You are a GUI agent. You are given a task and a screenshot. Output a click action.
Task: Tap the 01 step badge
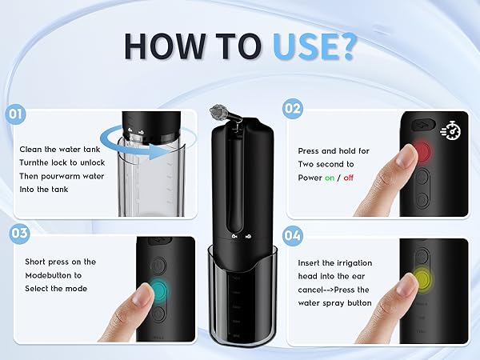[x=16, y=114]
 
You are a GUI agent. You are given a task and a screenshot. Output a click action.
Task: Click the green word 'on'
[x=330, y=178]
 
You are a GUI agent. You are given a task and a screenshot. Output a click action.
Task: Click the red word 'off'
[x=349, y=178]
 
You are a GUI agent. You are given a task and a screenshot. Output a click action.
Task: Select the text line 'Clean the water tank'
[x=58, y=149]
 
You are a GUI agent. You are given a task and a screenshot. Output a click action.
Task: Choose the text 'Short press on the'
[x=60, y=262]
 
